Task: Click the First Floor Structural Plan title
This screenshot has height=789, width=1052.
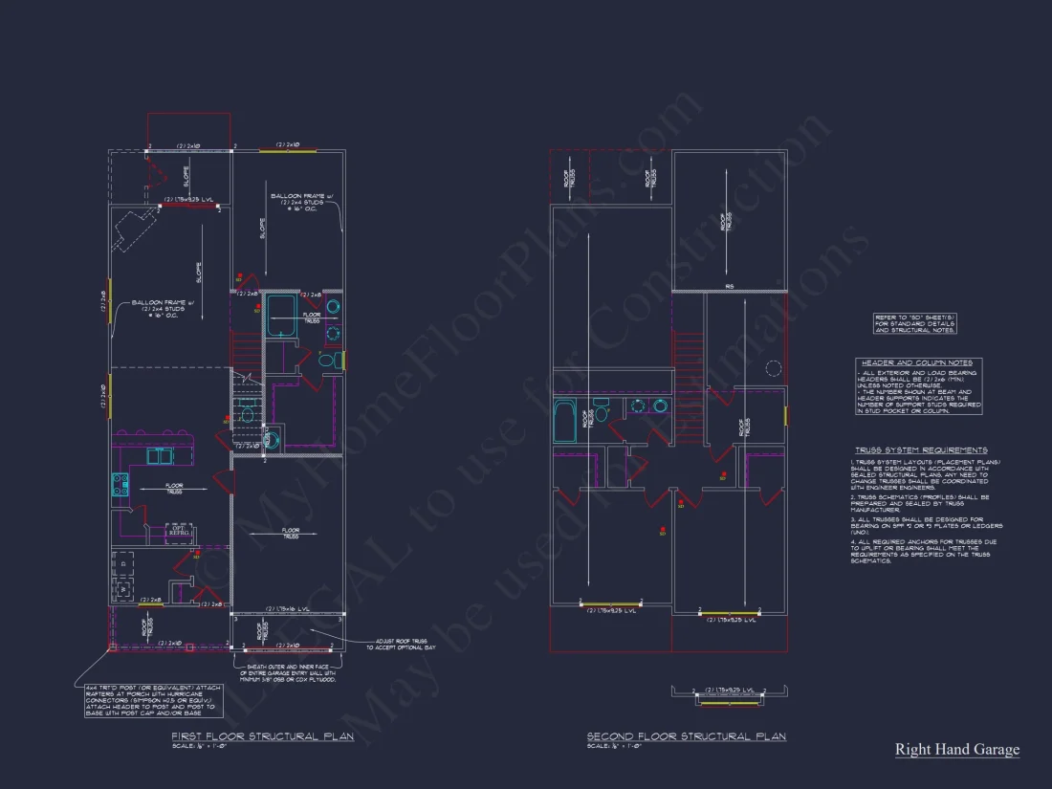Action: pos(262,735)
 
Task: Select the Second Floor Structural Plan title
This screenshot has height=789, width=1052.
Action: pos(686,735)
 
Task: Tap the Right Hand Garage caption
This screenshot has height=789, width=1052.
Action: pos(956,750)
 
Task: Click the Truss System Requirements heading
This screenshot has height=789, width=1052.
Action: pos(921,449)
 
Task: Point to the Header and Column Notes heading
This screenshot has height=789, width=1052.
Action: pos(917,362)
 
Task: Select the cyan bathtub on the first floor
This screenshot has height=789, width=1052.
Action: pos(280,317)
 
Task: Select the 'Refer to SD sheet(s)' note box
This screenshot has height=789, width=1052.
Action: pos(915,323)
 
